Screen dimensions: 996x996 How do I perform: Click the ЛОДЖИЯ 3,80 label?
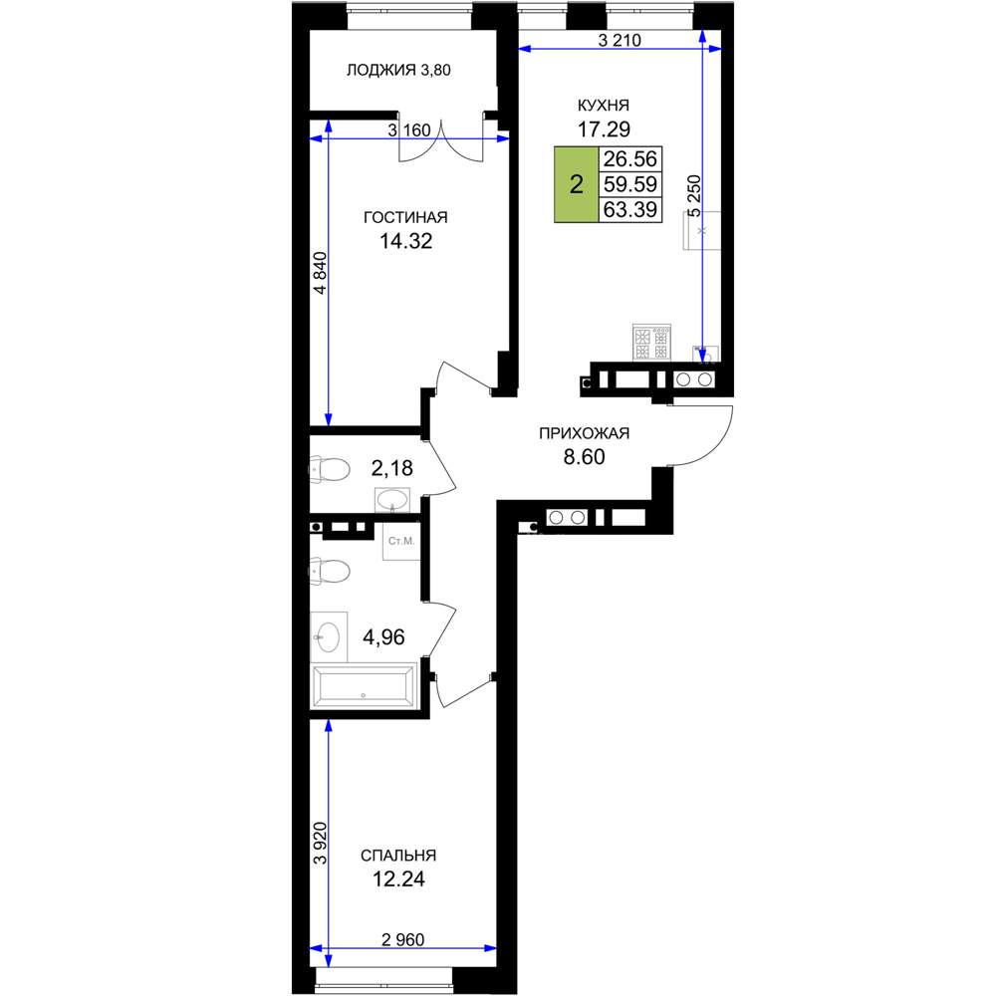point(398,70)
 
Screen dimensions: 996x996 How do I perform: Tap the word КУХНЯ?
point(603,105)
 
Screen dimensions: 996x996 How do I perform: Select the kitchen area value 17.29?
point(604,128)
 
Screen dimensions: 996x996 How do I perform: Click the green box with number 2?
point(576,185)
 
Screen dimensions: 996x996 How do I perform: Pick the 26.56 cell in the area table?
point(630,158)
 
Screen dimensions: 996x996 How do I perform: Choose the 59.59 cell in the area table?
point(630,184)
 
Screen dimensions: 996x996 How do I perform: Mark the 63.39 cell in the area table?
point(630,209)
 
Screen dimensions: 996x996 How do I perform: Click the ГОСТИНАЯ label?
point(405,217)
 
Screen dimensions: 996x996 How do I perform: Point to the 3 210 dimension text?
point(620,40)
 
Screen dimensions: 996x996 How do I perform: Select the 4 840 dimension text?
point(321,273)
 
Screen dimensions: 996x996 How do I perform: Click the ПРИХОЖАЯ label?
point(584,433)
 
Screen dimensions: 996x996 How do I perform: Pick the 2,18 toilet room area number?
point(391,468)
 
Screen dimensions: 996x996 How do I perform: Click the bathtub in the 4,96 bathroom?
point(364,686)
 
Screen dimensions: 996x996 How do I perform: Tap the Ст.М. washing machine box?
point(400,541)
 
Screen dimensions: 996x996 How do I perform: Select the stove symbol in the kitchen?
point(651,343)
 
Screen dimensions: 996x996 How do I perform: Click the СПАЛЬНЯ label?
point(398,856)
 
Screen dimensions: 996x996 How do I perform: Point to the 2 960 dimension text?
point(402,939)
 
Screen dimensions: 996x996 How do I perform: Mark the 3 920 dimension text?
point(321,843)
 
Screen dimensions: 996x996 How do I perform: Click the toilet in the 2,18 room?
point(330,470)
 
